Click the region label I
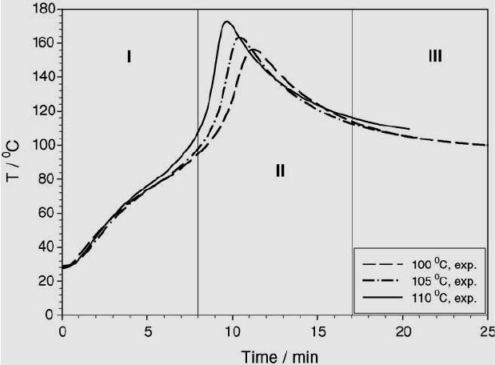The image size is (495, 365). (x=129, y=56)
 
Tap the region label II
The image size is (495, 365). (x=280, y=170)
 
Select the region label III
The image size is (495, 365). (x=435, y=56)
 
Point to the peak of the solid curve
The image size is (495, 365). (x=226, y=22)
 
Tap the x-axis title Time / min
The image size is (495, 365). (x=274, y=352)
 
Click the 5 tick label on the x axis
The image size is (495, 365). (x=147, y=329)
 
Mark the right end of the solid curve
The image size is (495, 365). (x=409, y=128)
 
